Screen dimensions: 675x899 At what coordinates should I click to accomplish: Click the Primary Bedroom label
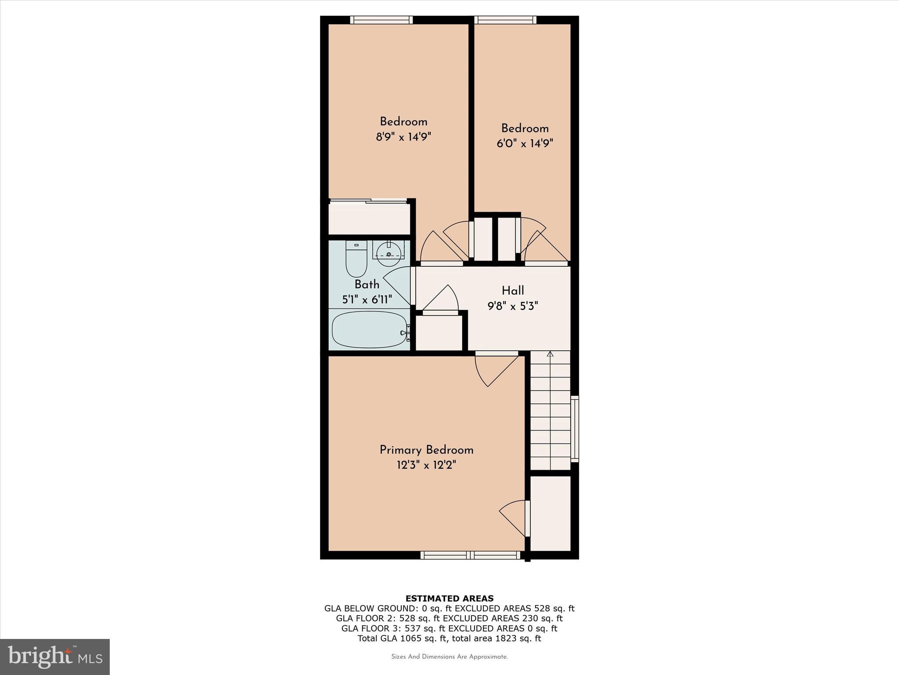426,450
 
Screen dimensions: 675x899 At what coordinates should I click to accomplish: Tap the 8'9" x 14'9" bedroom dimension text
403,137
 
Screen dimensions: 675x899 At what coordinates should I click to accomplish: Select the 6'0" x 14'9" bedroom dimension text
525,143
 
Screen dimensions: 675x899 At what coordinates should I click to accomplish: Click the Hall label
513,290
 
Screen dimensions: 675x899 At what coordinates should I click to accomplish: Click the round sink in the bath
388,254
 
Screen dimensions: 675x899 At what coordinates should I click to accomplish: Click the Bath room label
367,284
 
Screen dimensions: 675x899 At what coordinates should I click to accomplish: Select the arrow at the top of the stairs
550,355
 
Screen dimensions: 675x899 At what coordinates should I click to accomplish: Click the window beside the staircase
575,428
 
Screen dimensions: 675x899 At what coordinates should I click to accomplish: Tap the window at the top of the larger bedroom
381,20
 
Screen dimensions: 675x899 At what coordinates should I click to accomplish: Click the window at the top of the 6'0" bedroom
505,20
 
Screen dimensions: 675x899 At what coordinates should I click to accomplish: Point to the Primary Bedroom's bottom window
470,555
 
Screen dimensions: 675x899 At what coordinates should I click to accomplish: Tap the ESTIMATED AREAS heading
449,598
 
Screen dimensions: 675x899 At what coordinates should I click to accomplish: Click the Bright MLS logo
55,657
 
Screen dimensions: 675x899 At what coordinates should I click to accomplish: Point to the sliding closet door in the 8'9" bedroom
369,201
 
